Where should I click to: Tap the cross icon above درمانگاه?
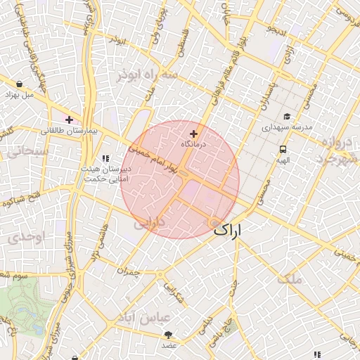click(194, 134)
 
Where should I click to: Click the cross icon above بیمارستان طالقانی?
click(69, 120)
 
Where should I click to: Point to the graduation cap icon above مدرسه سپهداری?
click(286, 117)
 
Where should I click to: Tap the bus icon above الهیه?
click(283, 149)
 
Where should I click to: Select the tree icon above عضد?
click(168, 335)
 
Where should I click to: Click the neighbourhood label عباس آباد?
click(146, 318)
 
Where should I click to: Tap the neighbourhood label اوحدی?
click(27, 238)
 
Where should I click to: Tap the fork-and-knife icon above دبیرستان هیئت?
click(106, 159)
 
